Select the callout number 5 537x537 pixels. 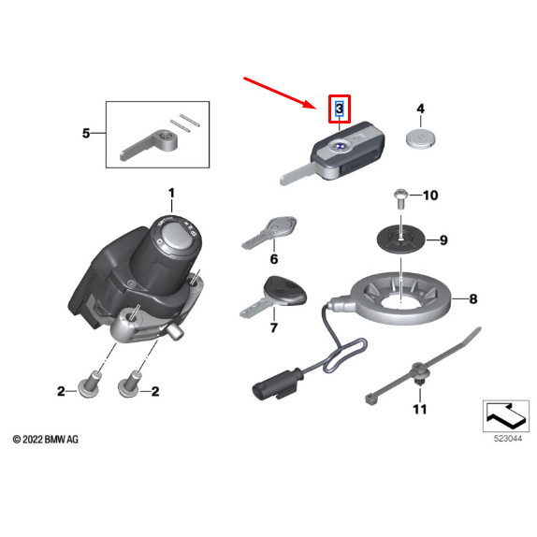pyautogui.click(x=86, y=134)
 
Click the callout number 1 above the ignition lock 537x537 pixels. pyautogui.click(x=171, y=194)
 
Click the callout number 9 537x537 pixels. pyautogui.click(x=443, y=240)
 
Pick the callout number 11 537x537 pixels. pyautogui.click(x=419, y=409)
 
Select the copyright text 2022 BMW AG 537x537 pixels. pyautogui.click(x=46, y=439)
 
